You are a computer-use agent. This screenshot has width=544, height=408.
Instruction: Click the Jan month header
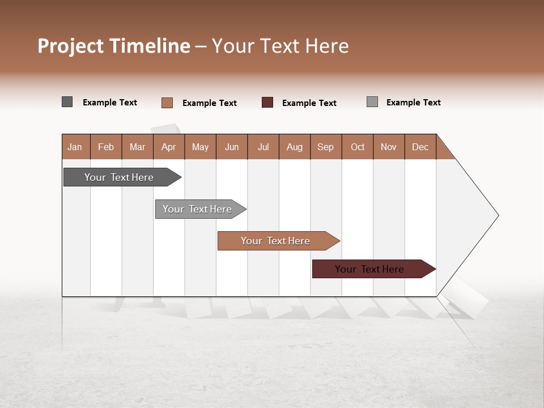75,147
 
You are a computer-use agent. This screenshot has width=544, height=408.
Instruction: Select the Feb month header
106,147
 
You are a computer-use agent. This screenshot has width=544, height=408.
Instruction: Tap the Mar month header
137,147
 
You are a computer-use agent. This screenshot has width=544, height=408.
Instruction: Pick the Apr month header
169,147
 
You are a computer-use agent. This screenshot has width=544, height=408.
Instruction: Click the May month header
200,147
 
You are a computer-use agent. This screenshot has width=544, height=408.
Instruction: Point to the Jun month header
232,147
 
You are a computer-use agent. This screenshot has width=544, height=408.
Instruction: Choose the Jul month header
263,147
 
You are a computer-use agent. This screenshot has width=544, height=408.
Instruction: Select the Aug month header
295,147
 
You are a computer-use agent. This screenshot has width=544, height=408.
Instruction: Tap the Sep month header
326,147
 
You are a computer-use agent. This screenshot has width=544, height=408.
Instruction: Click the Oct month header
358,147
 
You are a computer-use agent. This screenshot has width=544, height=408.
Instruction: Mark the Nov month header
389,147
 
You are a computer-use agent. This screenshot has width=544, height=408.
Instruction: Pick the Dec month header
420,147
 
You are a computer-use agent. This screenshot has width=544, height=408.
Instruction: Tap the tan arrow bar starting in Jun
276,241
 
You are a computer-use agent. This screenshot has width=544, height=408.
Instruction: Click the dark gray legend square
67,102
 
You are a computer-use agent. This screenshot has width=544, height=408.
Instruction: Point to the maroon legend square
267,103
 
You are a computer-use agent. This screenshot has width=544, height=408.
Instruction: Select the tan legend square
167,103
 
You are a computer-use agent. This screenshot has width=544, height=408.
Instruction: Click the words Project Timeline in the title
114,46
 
